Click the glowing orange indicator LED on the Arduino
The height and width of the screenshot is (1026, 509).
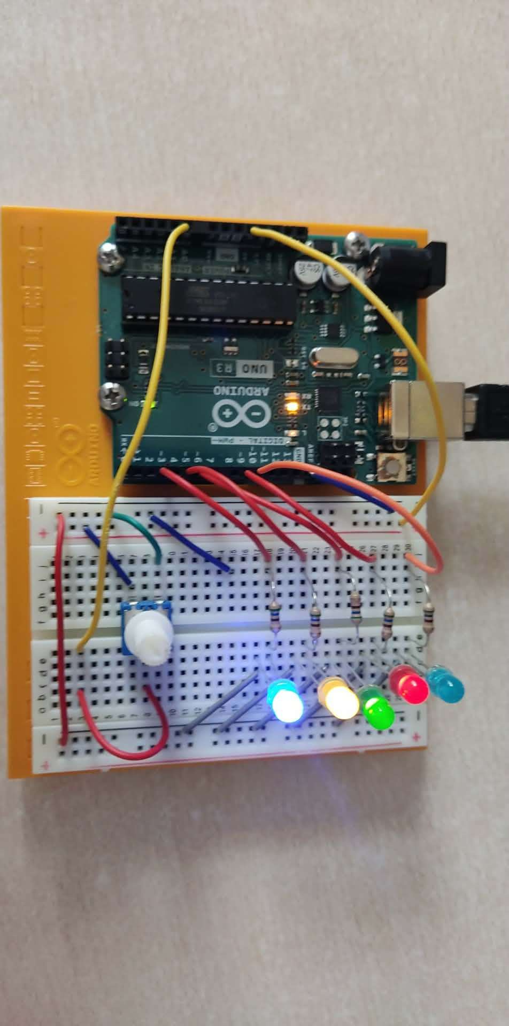(292, 405)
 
